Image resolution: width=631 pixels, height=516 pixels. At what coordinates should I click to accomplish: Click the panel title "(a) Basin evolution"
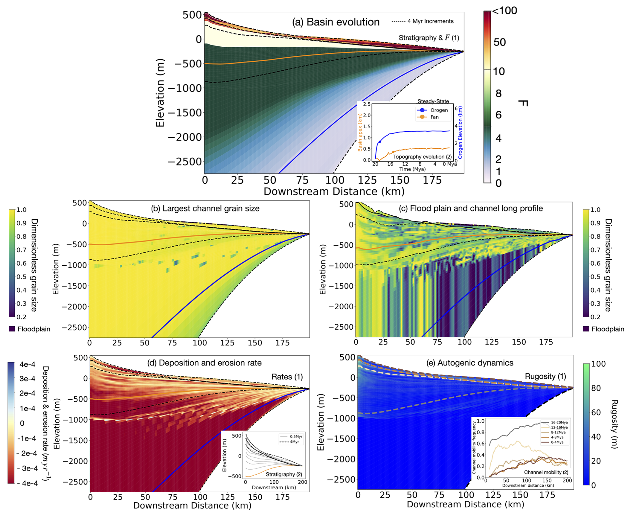[x=336, y=22]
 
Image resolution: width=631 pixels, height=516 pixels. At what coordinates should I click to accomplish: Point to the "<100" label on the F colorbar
[x=505, y=11]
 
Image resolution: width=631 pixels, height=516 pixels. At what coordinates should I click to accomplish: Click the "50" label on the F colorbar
[x=500, y=42]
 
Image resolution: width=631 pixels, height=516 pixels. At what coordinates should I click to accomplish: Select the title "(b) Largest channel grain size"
[x=205, y=208]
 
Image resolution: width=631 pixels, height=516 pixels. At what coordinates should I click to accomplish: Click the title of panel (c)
[x=471, y=208]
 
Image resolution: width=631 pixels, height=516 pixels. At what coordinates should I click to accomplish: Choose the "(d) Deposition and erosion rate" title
[x=204, y=363]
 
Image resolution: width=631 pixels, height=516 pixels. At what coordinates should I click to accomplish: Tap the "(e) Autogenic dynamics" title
[x=470, y=363]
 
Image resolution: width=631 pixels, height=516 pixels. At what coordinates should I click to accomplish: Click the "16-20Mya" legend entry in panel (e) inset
[x=559, y=422]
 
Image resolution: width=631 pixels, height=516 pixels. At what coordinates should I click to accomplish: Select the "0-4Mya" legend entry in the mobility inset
[x=557, y=442]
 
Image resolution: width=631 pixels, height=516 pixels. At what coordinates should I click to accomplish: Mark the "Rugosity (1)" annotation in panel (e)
[x=545, y=376]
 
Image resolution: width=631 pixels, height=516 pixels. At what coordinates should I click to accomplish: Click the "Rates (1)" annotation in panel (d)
[x=287, y=377]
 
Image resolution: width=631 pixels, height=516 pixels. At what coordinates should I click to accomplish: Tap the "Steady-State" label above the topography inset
[x=433, y=101]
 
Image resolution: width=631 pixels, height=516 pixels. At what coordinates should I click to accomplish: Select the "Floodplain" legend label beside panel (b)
[x=34, y=329]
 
